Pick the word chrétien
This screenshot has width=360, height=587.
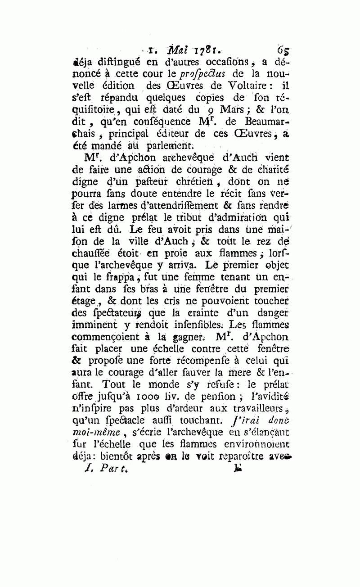point(180,182)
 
